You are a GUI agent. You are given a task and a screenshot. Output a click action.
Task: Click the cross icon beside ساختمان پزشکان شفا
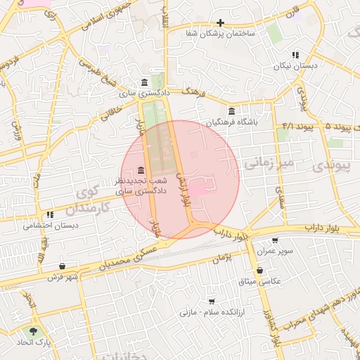click(220, 23)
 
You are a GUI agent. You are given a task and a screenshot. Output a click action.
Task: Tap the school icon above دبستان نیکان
click(295, 54)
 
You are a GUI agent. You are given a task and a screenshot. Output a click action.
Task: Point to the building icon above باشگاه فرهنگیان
click(232, 111)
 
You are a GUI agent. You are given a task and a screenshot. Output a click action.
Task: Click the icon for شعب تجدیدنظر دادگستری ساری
click(141, 170)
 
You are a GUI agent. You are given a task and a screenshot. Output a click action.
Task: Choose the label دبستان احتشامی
click(51, 226)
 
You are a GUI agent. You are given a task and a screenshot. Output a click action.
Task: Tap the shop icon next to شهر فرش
click(64, 266)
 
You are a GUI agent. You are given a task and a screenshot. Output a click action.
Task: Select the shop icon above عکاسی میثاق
click(260, 270)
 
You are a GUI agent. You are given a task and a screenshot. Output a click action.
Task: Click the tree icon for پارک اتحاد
click(32, 330)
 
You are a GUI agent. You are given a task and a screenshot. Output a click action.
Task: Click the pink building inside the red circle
click(198, 188)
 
